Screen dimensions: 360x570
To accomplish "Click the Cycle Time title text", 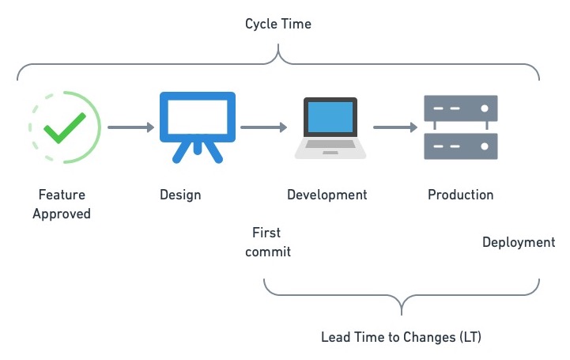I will (278, 24).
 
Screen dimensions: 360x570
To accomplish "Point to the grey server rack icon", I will (462, 127).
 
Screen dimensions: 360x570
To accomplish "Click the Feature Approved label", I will (62, 204).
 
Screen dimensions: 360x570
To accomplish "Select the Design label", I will (180, 195).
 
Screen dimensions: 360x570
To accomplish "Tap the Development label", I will (327, 195).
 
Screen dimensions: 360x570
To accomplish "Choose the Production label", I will (460, 195).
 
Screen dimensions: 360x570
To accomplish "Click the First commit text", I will (267, 242).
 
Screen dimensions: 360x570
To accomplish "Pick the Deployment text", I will (519, 242).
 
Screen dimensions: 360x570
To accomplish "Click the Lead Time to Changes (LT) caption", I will (401, 337).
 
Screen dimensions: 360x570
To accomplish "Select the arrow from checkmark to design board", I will (130, 127).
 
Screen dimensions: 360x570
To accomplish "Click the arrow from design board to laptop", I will (263, 127).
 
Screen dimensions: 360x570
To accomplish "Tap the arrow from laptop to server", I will (395, 127).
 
